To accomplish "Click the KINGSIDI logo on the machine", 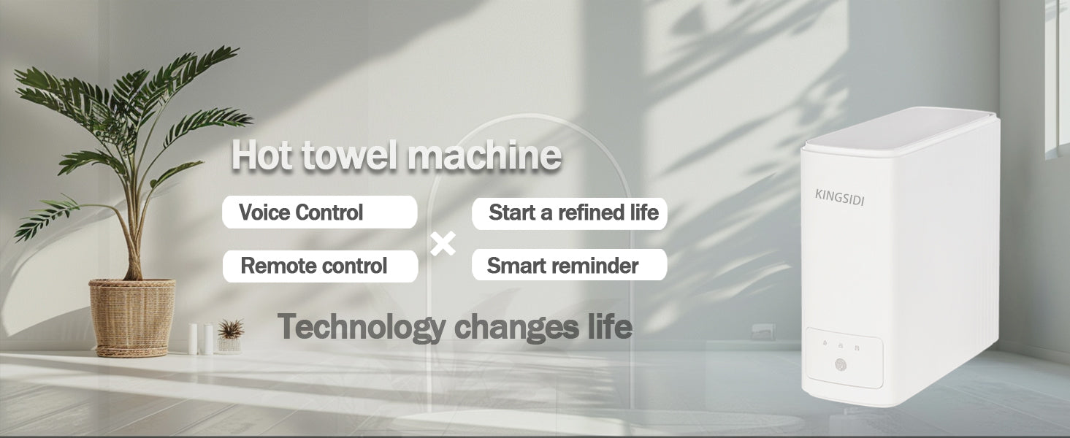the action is click(x=839, y=197).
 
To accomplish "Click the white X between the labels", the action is click(x=443, y=244).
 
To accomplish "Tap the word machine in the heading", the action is click(x=484, y=155).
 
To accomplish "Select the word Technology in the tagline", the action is click(x=362, y=327).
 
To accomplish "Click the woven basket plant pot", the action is click(x=132, y=318).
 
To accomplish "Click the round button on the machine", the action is click(x=841, y=365).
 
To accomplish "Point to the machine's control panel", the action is click(x=844, y=358).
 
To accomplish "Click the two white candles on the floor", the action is click(x=201, y=339).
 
